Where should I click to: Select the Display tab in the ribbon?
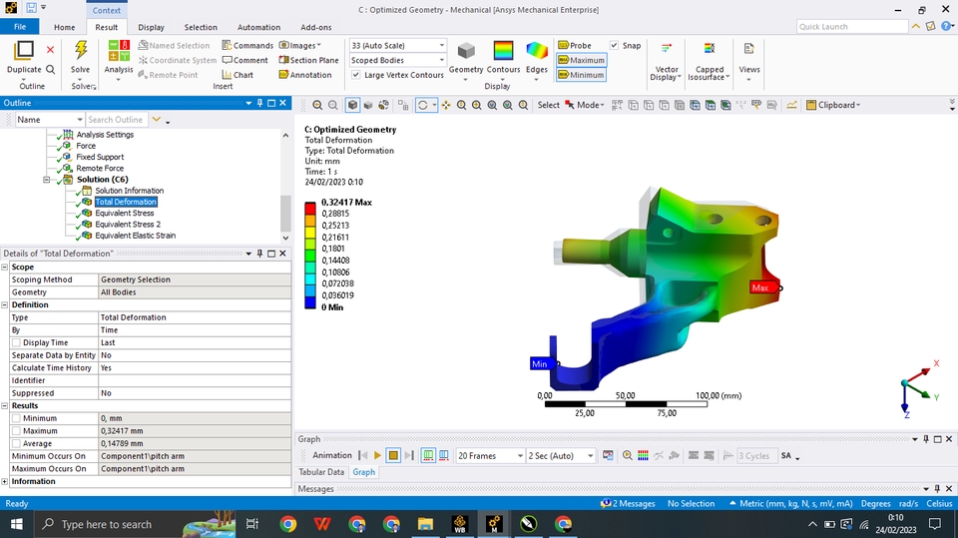[x=151, y=27]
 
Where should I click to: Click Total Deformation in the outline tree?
[x=126, y=202]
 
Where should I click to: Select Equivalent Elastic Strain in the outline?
[x=135, y=236]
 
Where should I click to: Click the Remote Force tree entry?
[x=100, y=169]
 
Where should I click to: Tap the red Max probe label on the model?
[x=761, y=287]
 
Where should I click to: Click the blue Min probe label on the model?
[x=541, y=363]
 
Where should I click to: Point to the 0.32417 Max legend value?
[x=346, y=202]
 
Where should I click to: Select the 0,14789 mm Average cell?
[x=195, y=443]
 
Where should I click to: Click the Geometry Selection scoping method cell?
[x=195, y=279]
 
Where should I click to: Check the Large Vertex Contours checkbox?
[x=357, y=75]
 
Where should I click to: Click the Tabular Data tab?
[x=321, y=472]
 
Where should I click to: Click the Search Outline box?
[x=116, y=120]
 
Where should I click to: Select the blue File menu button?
[x=20, y=27]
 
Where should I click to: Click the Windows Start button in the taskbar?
[x=17, y=524]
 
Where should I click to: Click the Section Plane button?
[x=310, y=60]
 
